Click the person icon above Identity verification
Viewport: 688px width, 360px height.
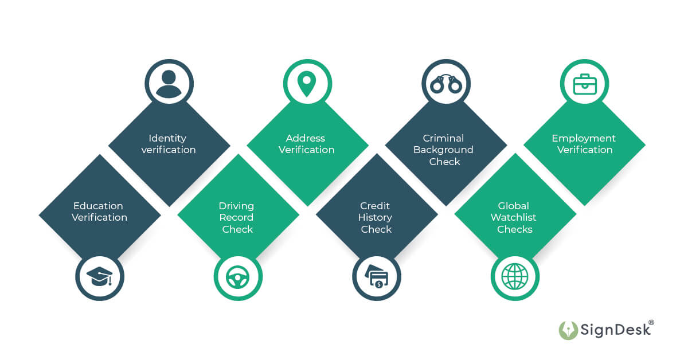169,84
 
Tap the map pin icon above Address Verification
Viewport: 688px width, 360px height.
307,84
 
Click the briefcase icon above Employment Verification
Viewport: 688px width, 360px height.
585,84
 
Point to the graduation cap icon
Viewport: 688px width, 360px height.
100,277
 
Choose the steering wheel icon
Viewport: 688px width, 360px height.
237,277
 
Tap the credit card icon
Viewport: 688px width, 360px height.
376,277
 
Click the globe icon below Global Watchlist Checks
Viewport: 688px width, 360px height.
514,277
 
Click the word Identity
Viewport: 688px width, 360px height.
167,138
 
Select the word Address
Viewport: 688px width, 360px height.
306,138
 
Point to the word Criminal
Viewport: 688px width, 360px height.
443,138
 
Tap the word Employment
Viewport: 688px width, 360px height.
584,138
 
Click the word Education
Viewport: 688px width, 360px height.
98,206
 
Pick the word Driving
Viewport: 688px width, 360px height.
236,206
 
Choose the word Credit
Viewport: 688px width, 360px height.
375,206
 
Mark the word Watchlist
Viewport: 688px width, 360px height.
513,218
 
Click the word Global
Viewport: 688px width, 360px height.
513,206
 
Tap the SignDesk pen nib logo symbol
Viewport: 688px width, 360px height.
568,330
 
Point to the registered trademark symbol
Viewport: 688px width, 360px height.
651,323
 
